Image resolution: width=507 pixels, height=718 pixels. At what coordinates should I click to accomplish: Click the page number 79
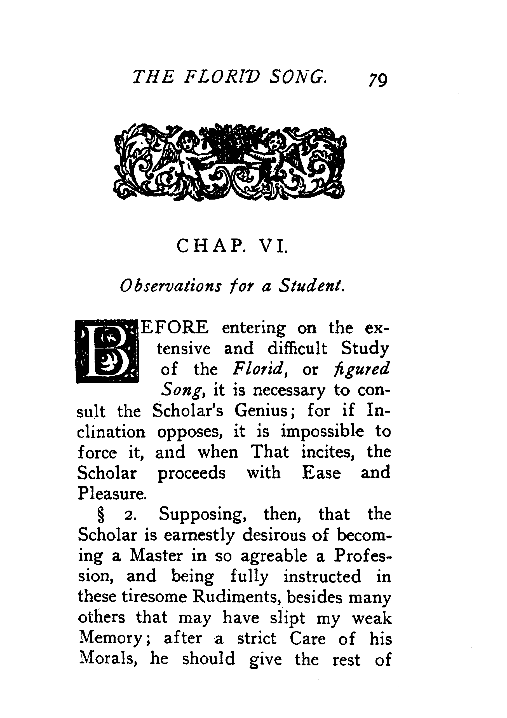point(378,80)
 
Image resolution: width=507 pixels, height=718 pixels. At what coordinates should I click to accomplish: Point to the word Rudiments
point(235,597)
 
